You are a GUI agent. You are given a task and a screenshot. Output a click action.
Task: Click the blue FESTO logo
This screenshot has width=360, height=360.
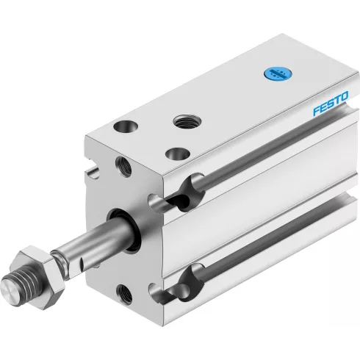click(x=331, y=104)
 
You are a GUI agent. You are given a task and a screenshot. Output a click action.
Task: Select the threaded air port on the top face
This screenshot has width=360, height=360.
click(x=187, y=121)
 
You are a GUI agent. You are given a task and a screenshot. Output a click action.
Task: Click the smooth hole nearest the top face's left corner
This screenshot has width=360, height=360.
click(x=126, y=127)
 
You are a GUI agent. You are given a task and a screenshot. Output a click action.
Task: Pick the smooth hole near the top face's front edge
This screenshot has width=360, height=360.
click(x=178, y=154)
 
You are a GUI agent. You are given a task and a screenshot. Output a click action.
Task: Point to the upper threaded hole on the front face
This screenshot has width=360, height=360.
click(x=123, y=166)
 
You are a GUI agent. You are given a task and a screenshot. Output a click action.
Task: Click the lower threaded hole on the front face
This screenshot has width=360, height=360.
click(x=124, y=293)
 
